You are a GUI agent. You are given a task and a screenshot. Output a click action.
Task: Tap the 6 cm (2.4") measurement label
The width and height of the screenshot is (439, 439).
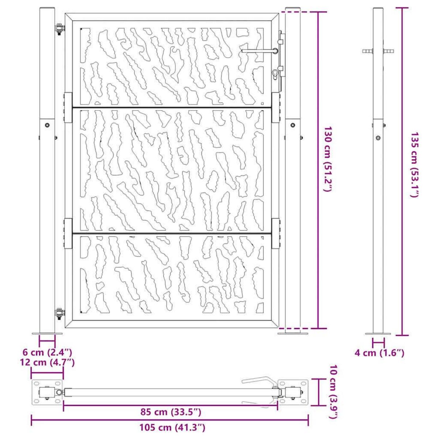[x=47, y=353]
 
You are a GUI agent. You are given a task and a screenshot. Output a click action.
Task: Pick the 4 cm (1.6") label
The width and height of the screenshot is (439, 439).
[x=379, y=353]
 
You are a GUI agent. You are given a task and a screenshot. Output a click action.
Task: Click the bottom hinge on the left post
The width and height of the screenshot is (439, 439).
[x=59, y=314]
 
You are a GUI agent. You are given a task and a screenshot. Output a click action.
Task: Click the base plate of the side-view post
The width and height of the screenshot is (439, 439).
[x=378, y=333]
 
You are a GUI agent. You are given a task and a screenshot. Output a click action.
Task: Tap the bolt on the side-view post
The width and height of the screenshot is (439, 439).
[x=378, y=138]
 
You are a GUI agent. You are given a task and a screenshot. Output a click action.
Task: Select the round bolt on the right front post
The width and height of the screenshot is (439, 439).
[x=293, y=125]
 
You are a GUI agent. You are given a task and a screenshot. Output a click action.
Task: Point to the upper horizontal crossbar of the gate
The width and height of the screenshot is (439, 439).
[x=172, y=107]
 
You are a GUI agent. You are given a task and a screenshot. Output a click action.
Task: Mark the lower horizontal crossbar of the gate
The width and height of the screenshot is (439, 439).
[x=172, y=233]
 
